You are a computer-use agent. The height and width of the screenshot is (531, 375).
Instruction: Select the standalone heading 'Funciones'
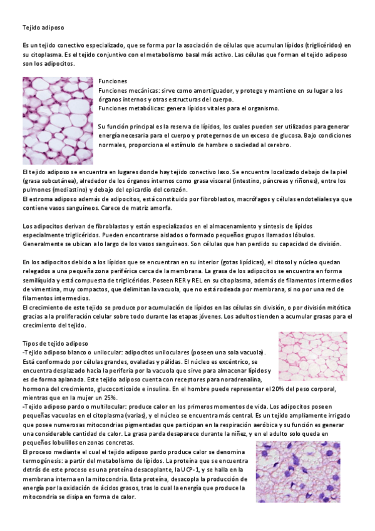tap(113, 81)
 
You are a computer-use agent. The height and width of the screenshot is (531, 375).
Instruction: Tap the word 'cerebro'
tap(277, 145)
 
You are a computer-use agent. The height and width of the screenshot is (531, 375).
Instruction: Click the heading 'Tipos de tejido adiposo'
tap(55, 344)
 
